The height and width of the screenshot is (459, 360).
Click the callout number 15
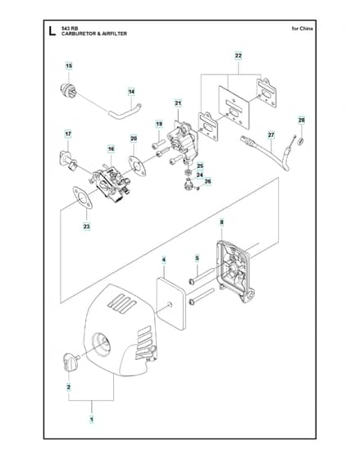tap(69, 66)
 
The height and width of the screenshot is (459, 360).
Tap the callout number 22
tap(239, 56)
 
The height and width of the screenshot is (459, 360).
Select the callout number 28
tap(302, 120)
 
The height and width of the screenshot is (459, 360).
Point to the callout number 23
tap(87, 226)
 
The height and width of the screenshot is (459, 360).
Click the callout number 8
tap(221, 222)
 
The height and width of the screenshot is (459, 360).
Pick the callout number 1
tap(92, 419)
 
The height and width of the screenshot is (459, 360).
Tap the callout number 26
tap(207, 181)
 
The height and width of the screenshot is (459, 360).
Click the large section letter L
tap(52, 31)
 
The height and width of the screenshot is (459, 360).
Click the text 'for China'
tap(303, 29)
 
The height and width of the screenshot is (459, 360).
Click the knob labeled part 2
tap(71, 362)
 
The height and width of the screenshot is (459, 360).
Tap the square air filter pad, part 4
tap(171, 303)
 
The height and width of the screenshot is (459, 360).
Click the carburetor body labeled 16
tap(112, 184)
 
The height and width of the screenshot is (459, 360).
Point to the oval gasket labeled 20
tap(137, 166)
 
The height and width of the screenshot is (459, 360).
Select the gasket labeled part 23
tap(82, 198)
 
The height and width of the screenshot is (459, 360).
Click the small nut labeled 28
tap(300, 142)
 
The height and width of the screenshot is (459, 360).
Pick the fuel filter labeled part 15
tap(68, 90)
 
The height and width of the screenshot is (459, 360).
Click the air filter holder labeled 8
tap(235, 271)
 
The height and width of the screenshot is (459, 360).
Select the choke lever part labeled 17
tap(68, 161)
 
